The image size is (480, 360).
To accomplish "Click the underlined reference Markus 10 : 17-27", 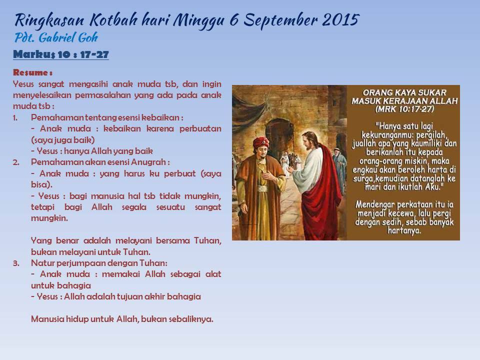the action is coord(61,54).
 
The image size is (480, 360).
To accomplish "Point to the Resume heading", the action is coord(33,72).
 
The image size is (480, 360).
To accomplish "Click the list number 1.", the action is coord(15,118).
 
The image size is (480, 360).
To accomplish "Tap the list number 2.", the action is coord(16,162).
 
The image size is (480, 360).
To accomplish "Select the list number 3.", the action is coord(16,263).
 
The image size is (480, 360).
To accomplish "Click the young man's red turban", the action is coord(261,142).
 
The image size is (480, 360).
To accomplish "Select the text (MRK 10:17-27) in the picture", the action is coord(404,109).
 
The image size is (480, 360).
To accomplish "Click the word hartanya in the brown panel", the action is coord(404,230).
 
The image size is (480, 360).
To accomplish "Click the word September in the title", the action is coord(280,20).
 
